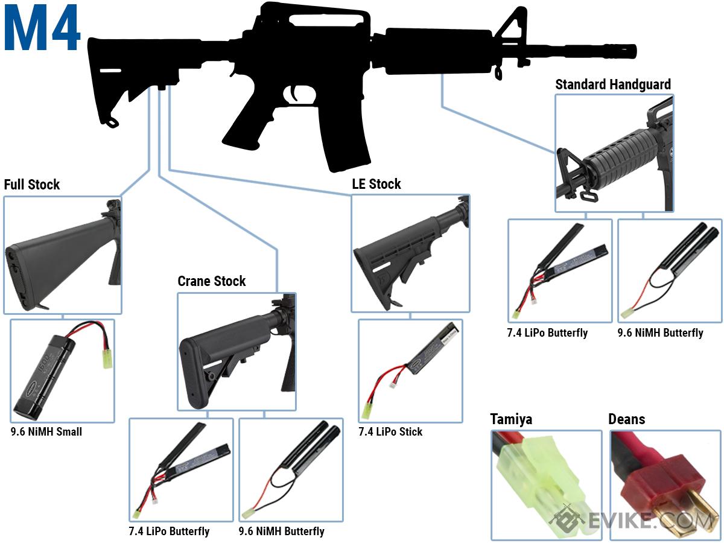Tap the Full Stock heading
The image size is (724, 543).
[32, 185]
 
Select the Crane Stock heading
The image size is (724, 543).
[212, 281]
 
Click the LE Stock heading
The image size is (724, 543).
[376, 184]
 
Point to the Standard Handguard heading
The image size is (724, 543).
[613, 84]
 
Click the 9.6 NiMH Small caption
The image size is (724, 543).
[46, 432]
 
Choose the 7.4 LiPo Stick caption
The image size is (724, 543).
[390, 432]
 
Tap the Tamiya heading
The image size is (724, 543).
[511, 419]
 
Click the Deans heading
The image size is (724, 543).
[626, 419]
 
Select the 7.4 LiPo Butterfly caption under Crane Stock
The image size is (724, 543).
[169, 532]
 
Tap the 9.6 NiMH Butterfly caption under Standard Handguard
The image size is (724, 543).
[661, 332]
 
